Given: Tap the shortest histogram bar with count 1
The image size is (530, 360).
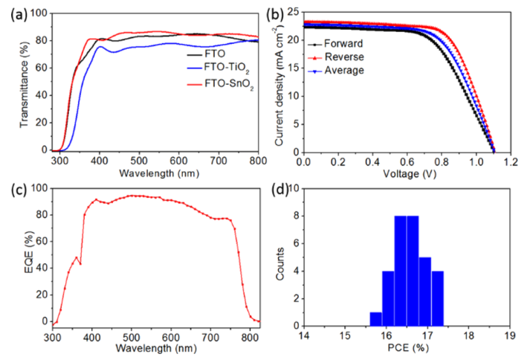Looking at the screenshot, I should tap(375, 318).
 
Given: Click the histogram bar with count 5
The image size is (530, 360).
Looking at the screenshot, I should tap(425, 291).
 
